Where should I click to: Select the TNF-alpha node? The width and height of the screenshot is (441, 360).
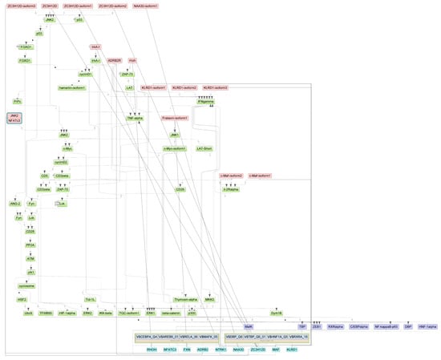pyautogui.click(x=134, y=118)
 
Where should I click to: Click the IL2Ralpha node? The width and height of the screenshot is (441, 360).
pyautogui.click(x=233, y=190)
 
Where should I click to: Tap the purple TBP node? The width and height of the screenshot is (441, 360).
pyautogui.click(x=302, y=328)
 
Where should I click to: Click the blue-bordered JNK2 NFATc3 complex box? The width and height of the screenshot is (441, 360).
pyautogui.click(x=14, y=119)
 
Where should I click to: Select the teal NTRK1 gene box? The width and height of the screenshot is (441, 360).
pyautogui.click(x=220, y=350)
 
